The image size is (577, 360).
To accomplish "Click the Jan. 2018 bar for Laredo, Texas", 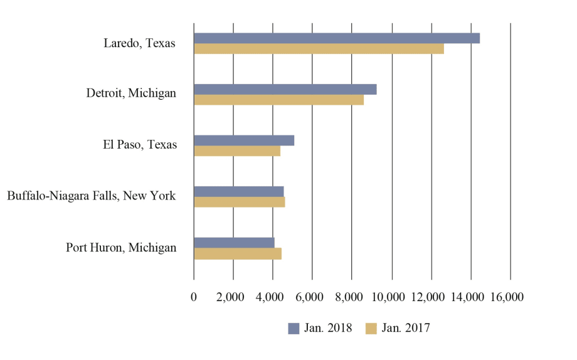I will click(x=337, y=38).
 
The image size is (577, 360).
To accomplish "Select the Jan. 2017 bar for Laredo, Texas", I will click(x=319, y=49).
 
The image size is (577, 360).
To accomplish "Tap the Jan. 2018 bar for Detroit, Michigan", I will click(x=285, y=89).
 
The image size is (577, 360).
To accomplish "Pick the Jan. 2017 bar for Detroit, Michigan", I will click(x=278, y=100).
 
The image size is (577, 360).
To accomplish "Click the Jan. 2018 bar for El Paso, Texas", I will click(x=244, y=140).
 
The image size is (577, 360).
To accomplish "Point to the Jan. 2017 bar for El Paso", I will click(x=237, y=151).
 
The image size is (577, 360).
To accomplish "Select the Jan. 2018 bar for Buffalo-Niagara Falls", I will click(x=239, y=191).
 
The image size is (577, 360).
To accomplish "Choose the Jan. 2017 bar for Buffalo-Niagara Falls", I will click(x=240, y=202).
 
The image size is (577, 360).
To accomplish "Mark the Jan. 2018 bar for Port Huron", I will click(x=234, y=243).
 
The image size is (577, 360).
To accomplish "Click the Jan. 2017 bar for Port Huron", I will click(x=238, y=253).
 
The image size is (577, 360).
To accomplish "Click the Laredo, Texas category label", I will click(x=139, y=44).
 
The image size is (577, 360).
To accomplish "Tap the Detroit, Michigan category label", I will click(x=131, y=93).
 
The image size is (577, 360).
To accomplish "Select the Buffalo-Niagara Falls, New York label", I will click(x=92, y=196).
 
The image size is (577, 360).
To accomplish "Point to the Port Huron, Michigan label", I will click(x=121, y=248).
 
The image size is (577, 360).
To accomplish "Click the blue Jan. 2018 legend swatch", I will click(x=294, y=328).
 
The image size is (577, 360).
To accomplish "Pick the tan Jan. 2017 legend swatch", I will click(x=371, y=328).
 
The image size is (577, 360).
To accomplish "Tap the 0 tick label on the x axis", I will click(x=194, y=297).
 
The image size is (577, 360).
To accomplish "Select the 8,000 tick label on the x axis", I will click(x=352, y=297).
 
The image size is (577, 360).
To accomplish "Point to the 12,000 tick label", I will click(x=431, y=297).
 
